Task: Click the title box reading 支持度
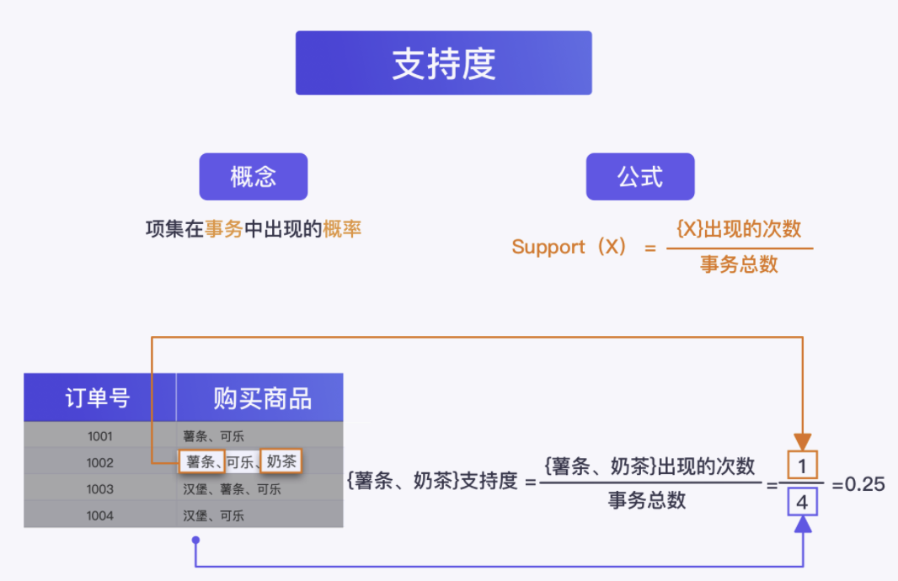pos(443,63)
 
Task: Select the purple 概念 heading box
pos(253,177)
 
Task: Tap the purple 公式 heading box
pos(640,177)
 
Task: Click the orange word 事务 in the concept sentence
pos(224,229)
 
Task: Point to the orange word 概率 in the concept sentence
pos(342,229)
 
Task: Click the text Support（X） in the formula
pos(569,248)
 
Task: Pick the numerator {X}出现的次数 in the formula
pos(739,229)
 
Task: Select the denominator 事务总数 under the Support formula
pos(739,265)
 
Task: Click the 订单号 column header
pos(99,398)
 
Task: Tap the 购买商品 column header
pos(262,398)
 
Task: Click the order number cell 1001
pos(99,436)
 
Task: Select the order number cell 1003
pos(99,489)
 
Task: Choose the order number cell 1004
pos(99,515)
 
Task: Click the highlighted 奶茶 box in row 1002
pos(281,461)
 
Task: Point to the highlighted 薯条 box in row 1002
pos(200,461)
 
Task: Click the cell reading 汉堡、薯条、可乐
pos(233,489)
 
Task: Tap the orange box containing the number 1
pos(802,466)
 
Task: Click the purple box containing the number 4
pos(802,503)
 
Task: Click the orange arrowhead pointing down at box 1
pos(802,441)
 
